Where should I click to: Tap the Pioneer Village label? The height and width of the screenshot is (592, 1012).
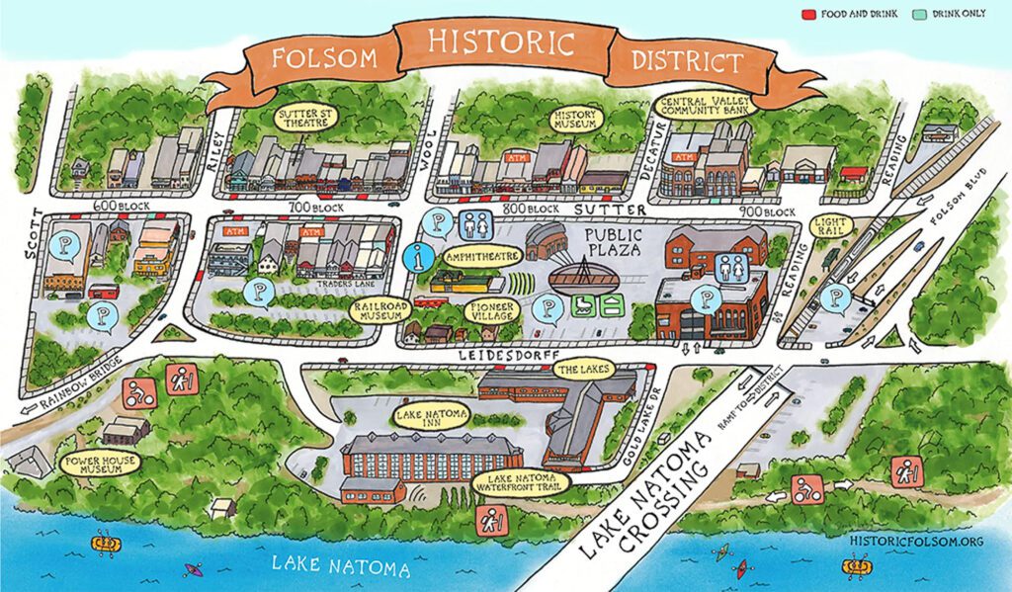pyautogui.click(x=490, y=310)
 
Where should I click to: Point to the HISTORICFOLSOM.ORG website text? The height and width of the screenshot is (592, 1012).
pyautogui.click(x=915, y=542)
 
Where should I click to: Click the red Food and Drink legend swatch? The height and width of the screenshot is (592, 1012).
pyautogui.click(x=804, y=15)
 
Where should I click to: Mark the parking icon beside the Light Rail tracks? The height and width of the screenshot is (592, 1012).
pyautogui.click(x=837, y=296)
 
